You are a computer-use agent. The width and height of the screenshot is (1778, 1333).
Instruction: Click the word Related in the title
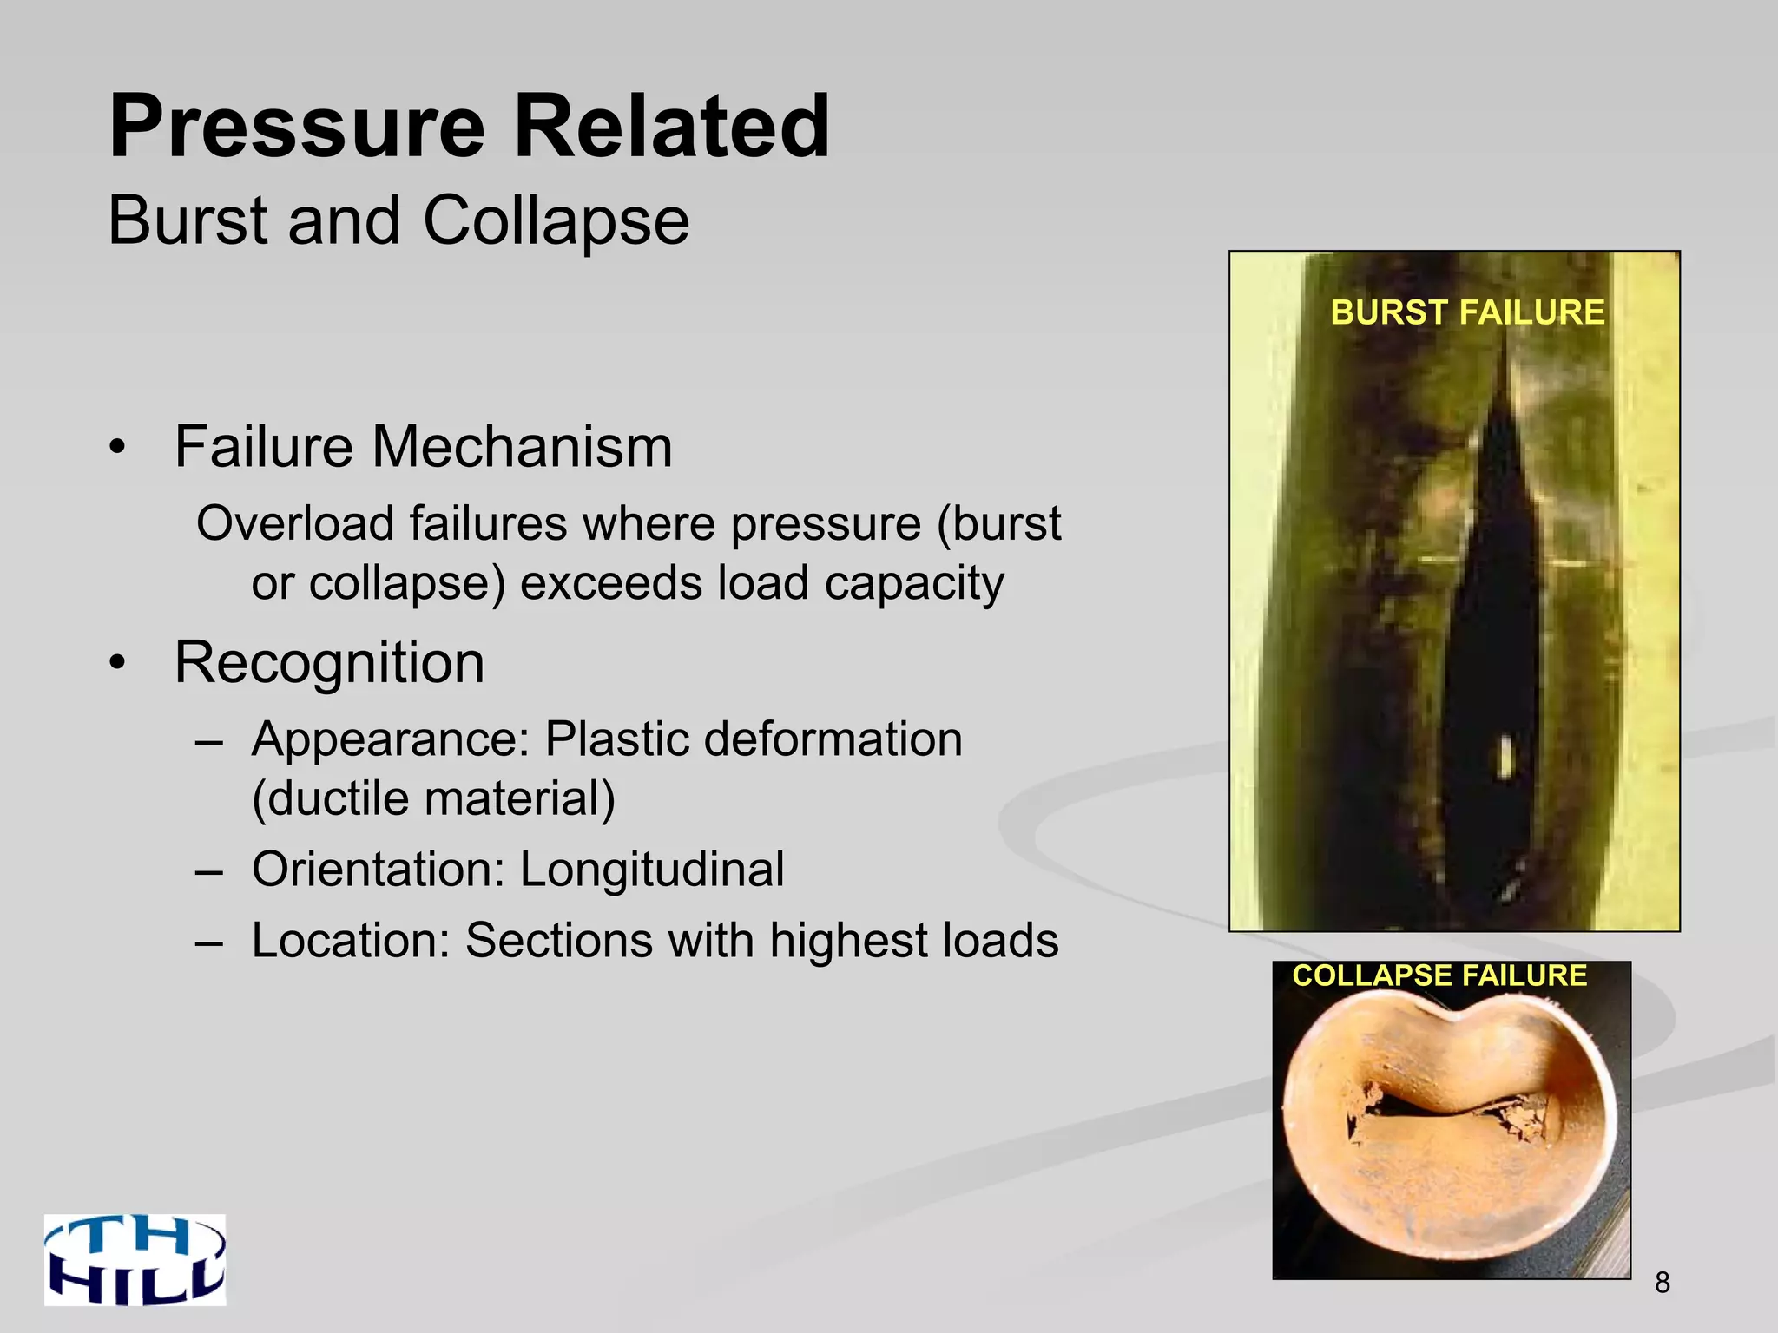pos(672,128)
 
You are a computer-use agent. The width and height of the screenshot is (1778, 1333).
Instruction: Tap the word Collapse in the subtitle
pos(556,221)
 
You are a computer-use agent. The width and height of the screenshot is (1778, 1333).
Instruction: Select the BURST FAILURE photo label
pos(1467,312)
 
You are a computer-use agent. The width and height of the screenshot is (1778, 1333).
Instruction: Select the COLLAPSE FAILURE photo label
pos(1439,975)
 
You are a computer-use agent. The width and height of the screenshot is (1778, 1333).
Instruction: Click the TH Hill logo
pos(135,1259)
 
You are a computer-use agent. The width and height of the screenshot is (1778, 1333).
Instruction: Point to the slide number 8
pos(1662,1282)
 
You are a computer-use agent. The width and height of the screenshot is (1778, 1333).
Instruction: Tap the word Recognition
pos(329,662)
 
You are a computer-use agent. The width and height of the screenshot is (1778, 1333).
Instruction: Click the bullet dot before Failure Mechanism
pos(118,449)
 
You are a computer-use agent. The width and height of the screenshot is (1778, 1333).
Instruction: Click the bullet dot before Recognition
pos(118,664)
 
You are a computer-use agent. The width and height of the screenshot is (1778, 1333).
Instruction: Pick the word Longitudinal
pos(651,870)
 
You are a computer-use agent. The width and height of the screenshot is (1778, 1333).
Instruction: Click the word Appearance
pos(390,740)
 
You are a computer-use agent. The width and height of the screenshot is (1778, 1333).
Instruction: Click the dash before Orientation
pos(209,870)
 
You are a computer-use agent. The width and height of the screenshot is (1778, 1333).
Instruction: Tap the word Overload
pos(296,524)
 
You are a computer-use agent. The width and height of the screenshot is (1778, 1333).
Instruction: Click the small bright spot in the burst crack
pos(1506,756)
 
